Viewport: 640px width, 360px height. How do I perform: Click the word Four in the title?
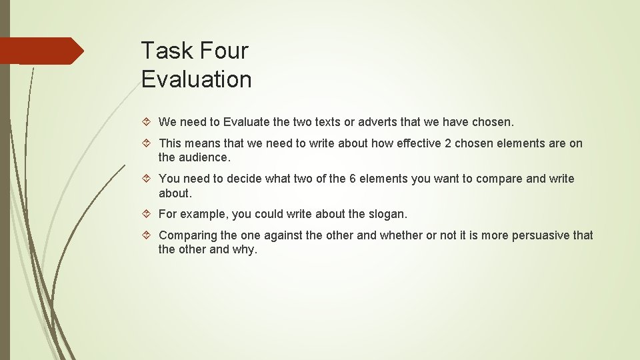coord(223,51)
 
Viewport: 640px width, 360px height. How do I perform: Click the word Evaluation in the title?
coord(197,79)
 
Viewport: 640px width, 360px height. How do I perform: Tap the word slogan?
coord(387,214)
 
